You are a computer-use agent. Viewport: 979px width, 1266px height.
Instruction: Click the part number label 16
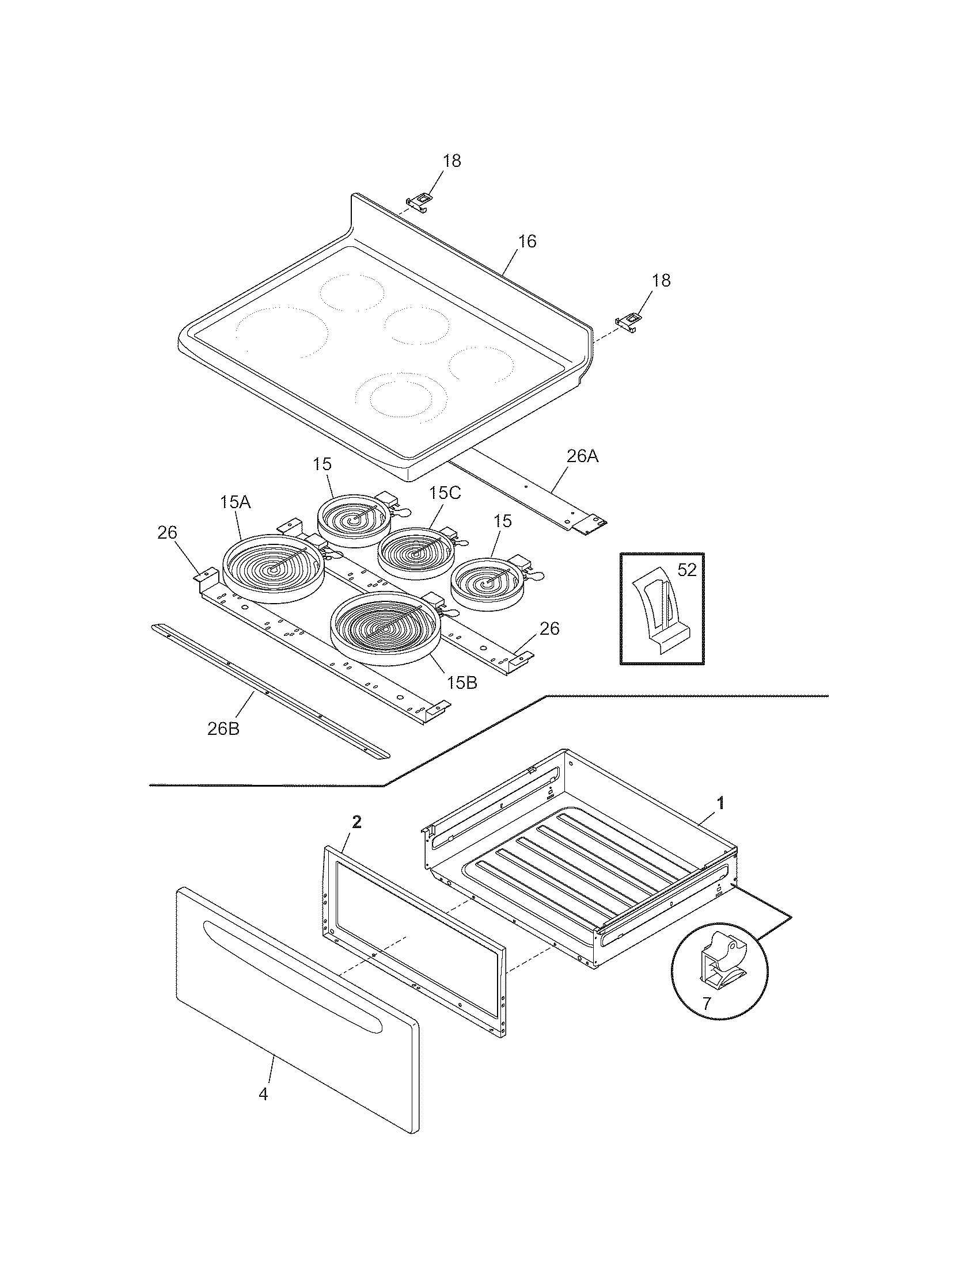point(527,241)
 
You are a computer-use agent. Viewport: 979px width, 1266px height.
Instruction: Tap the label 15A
point(236,502)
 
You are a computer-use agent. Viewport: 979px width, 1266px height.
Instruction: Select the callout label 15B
point(462,683)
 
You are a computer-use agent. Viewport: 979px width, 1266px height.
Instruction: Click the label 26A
point(582,456)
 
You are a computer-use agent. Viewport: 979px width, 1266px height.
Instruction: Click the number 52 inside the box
point(686,570)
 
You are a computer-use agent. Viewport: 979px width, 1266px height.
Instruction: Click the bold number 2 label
point(357,821)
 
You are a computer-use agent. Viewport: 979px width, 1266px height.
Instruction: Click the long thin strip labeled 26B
point(270,691)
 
